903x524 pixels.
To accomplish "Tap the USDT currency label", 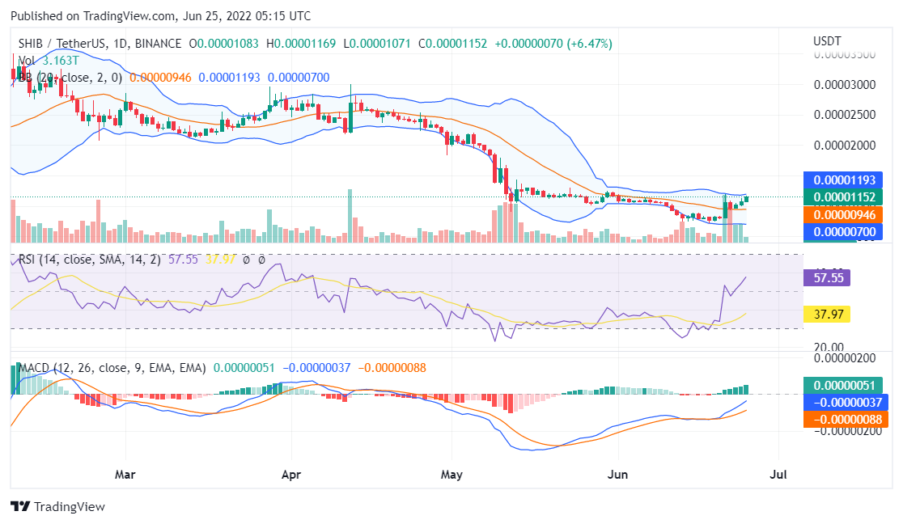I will [826, 41].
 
